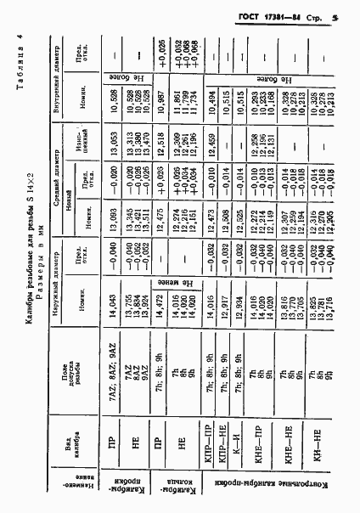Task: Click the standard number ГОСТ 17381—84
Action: click(273, 16)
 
